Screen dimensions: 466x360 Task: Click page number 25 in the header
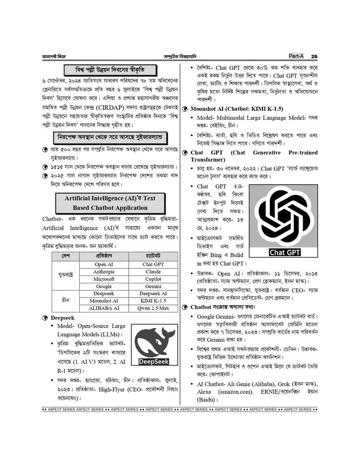pyautogui.click(x=314, y=56)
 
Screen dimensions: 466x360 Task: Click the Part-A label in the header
pyautogui.click(x=296, y=56)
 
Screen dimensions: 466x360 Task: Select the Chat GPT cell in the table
pyautogui.click(x=153, y=265)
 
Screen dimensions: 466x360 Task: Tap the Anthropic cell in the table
pyautogui.click(x=104, y=272)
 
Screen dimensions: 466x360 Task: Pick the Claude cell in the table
pyautogui.click(x=153, y=272)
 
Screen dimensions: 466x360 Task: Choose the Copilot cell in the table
pyautogui.click(x=153, y=279)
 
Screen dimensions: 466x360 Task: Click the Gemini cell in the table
pyautogui.click(x=153, y=286)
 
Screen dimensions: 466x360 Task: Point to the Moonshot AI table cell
pyautogui.click(x=104, y=301)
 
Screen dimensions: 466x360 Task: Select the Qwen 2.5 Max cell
pyautogui.click(x=153, y=308)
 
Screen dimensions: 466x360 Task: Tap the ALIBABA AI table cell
pyautogui.click(x=104, y=308)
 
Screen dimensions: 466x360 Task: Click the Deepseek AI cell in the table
pyautogui.click(x=153, y=294)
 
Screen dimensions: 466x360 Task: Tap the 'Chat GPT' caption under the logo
pyautogui.click(x=285, y=253)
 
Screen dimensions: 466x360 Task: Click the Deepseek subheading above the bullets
pyautogui.click(x=63, y=318)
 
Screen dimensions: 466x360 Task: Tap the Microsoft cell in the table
pyautogui.click(x=104, y=279)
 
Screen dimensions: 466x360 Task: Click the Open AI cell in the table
pyautogui.click(x=104, y=265)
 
